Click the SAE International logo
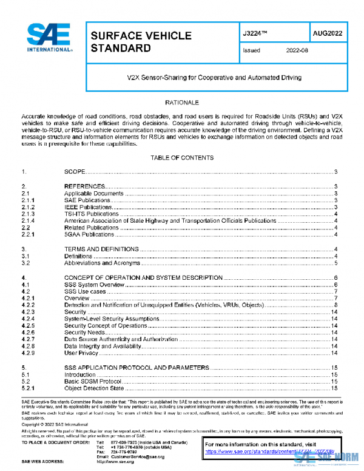click(x=47, y=38)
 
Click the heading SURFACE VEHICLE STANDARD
click(x=141, y=41)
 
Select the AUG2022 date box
click(x=327, y=33)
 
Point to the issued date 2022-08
click(x=297, y=52)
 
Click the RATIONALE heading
click(x=182, y=103)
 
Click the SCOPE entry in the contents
click(x=75, y=172)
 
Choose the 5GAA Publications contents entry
click(x=89, y=234)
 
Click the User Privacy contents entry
click(x=81, y=353)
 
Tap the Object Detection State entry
click(x=94, y=388)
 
